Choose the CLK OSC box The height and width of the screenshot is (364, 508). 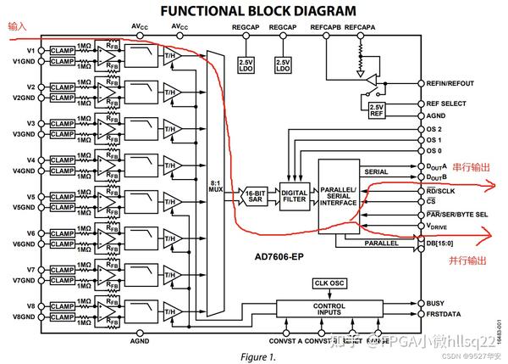pos(330,283)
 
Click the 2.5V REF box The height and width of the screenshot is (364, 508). pos(377,109)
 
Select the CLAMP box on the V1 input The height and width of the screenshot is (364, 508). pos(63,50)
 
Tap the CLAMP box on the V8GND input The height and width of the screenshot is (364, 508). pos(63,318)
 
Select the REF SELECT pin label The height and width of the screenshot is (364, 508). pos(450,104)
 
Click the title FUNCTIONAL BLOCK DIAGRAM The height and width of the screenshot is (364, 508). pos(258,11)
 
